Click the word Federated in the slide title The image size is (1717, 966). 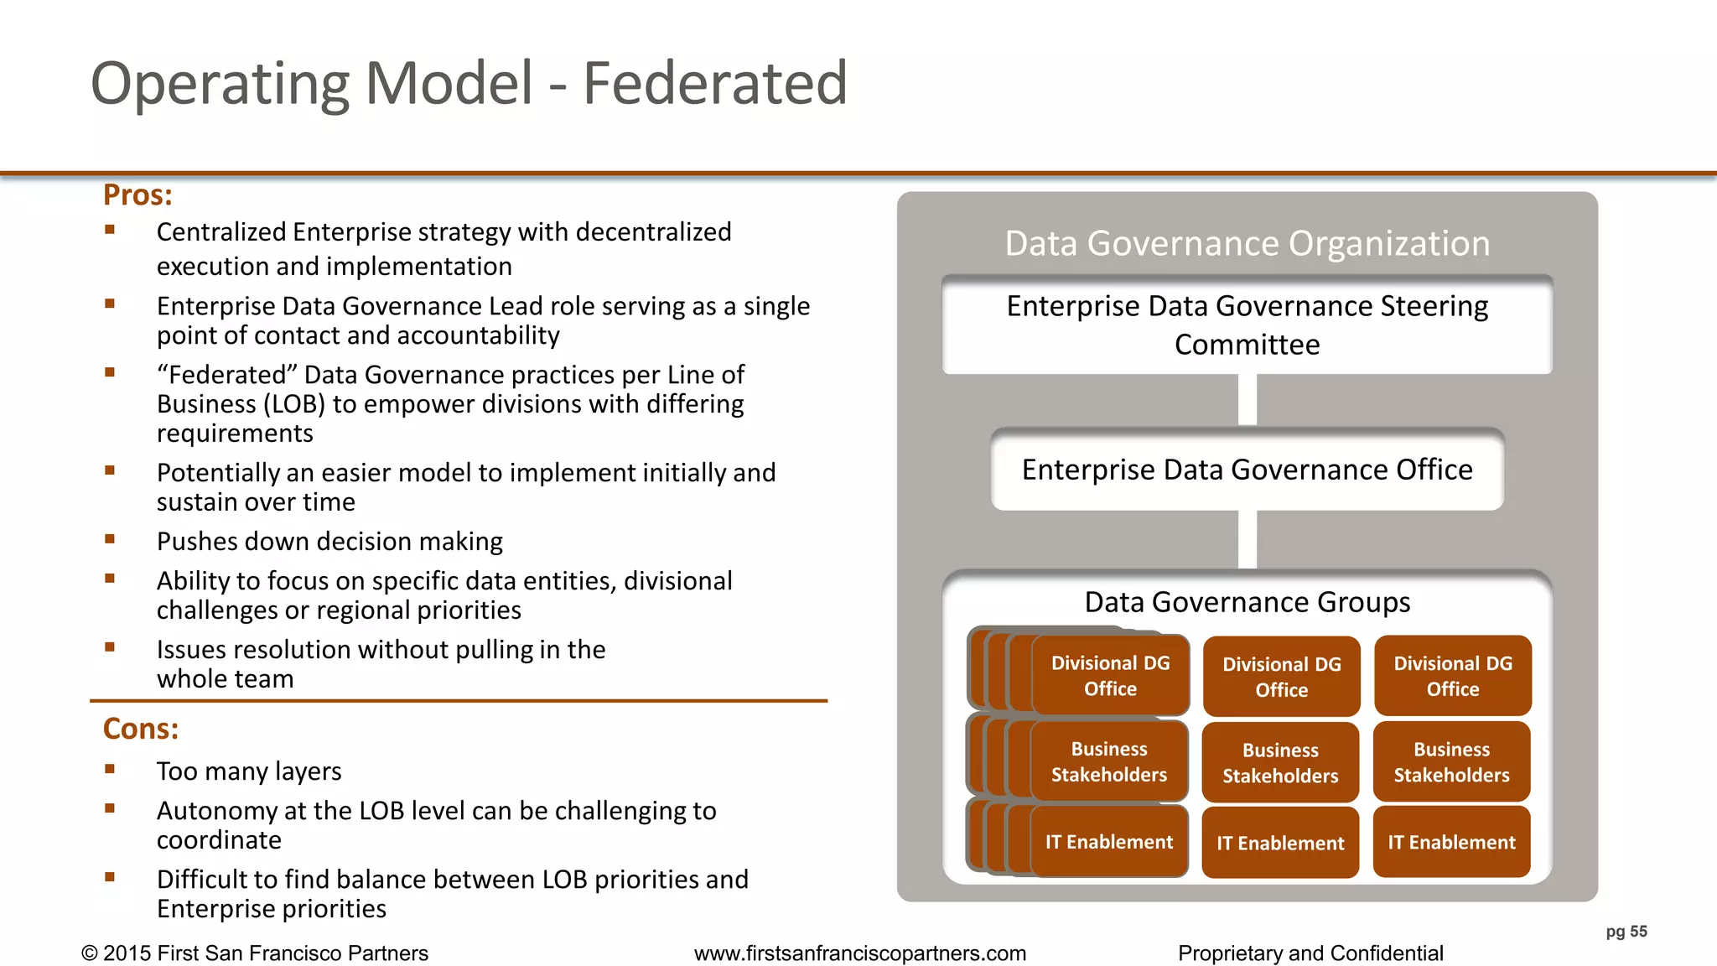point(714,83)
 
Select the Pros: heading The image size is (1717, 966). point(137,195)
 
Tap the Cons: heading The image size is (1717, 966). point(141,728)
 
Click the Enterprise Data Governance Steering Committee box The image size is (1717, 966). point(1247,325)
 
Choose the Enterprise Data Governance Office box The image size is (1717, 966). point(1247,470)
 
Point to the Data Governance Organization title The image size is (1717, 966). point(1247,243)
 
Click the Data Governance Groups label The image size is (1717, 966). point(1247,602)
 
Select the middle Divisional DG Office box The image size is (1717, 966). point(1281,677)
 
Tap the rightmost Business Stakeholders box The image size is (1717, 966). point(1451,761)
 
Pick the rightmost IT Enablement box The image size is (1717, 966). point(1451,842)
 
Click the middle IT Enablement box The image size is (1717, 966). point(1280,843)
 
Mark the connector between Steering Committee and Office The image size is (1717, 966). point(1248,400)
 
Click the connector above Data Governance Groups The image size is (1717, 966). point(1248,539)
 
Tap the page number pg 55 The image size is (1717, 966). point(1626,932)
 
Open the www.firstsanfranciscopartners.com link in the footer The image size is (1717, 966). point(859,953)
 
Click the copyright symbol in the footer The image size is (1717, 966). point(89,953)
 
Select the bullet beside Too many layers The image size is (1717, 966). point(110,768)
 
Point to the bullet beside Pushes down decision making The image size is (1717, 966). point(110,539)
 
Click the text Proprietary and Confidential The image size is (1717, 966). point(1310,953)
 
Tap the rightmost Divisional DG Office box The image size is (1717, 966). point(1453,676)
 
